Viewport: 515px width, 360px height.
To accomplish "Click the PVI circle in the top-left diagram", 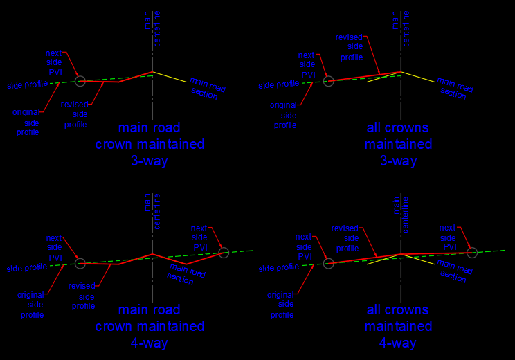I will [80, 81].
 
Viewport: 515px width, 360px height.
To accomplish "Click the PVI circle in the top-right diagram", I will [329, 81].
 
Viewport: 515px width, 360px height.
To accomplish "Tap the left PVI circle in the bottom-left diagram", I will [80, 263].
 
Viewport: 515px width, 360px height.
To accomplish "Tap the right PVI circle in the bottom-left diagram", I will [224, 252].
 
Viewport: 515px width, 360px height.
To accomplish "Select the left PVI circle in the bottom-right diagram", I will [329, 263].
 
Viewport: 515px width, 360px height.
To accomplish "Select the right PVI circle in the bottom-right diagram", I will [472, 252].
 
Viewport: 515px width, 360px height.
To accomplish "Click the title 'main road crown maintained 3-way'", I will [150, 144].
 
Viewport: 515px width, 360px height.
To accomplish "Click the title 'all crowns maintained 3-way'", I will [399, 144].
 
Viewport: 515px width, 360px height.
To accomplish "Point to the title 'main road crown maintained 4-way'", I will [150, 325].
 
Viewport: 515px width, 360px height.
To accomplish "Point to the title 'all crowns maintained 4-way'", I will [399, 325].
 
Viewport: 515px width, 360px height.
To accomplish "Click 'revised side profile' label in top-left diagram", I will [75, 114].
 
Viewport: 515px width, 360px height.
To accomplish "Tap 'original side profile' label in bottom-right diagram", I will [282, 305].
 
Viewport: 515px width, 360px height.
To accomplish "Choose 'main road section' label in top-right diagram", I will [455, 88].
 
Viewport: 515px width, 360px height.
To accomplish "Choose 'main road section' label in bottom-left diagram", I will [187, 271].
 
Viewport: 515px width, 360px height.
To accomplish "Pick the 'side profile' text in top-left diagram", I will [27, 85].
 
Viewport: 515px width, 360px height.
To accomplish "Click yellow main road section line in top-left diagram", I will [170, 76].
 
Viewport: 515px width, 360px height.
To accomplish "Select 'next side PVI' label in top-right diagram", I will [307, 64].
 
